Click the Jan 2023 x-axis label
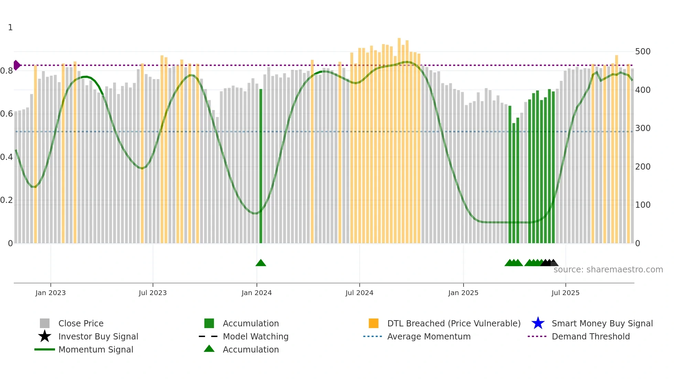coord(51,293)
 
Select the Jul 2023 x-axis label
coord(153,293)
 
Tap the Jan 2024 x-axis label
coord(257,293)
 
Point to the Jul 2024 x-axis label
coord(359,293)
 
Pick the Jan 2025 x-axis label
coord(463,293)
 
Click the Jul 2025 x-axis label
coord(565,293)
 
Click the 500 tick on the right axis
coord(643,52)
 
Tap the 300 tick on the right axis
coord(643,128)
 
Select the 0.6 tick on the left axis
coord(7,114)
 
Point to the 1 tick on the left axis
coord(10,28)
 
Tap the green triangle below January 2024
coord(261,263)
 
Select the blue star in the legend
coord(538,323)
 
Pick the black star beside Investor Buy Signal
coord(45,336)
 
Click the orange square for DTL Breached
coord(373,323)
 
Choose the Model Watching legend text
coord(256,336)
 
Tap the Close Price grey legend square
coord(45,323)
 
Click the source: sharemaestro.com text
coord(608,270)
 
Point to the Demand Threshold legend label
coord(590,336)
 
